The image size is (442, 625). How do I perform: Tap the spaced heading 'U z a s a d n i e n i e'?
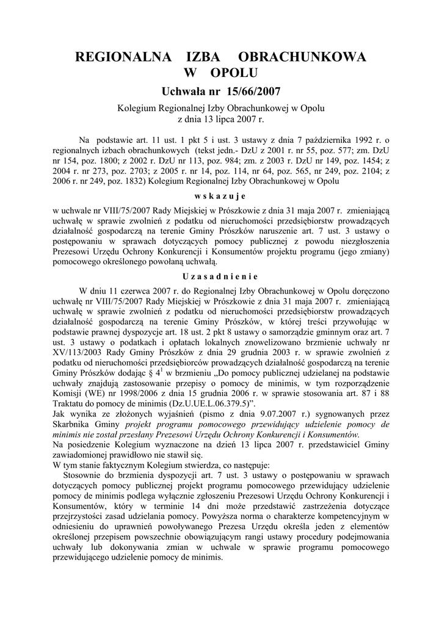(220, 275)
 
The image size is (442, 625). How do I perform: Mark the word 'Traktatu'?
(71, 403)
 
